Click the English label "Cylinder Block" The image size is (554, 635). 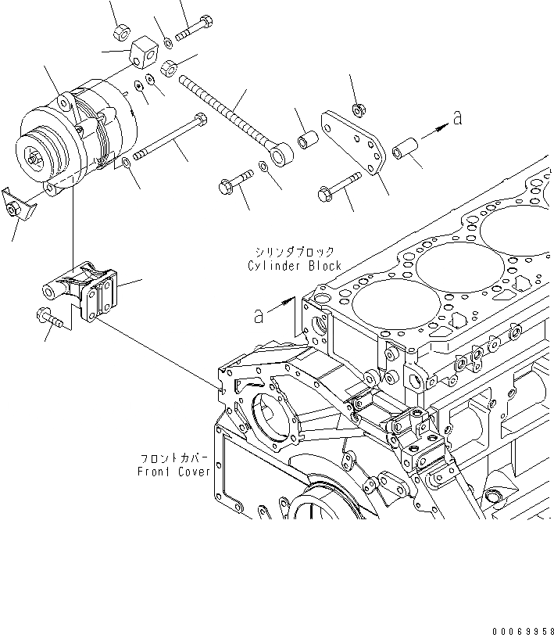pos(295,266)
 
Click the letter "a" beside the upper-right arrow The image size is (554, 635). pos(457,118)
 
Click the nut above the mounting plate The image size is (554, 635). pos(359,107)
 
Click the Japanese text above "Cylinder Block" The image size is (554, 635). pos(295,251)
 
